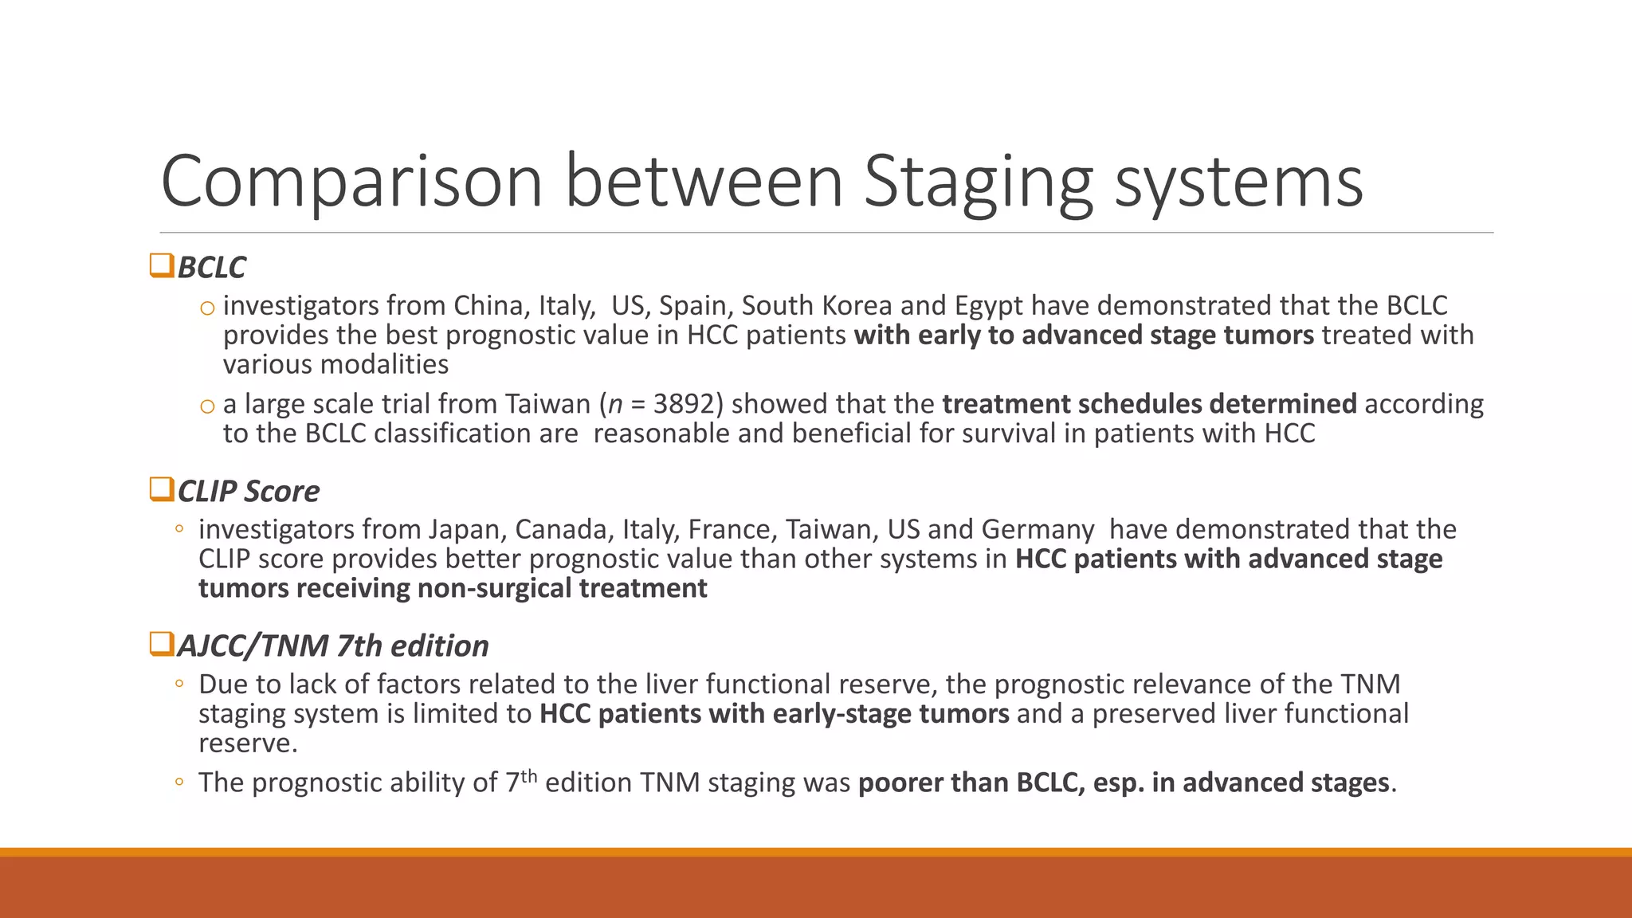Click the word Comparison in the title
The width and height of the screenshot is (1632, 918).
[351, 182]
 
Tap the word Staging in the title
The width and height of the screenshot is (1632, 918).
[979, 182]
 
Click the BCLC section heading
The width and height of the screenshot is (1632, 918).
[211, 268]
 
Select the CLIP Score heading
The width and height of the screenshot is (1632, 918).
[248, 492]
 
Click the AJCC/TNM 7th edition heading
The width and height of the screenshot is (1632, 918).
[332, 646]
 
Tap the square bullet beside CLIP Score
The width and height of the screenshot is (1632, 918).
[162, 489]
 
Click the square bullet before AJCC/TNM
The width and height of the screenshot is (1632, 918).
[162, 644]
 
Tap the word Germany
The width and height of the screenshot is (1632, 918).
[1038, 530]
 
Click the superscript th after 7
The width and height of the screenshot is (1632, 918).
[528, 775]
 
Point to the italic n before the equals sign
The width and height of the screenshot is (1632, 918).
[614, 405]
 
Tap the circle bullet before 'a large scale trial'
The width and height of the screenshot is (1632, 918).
[207, 406]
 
